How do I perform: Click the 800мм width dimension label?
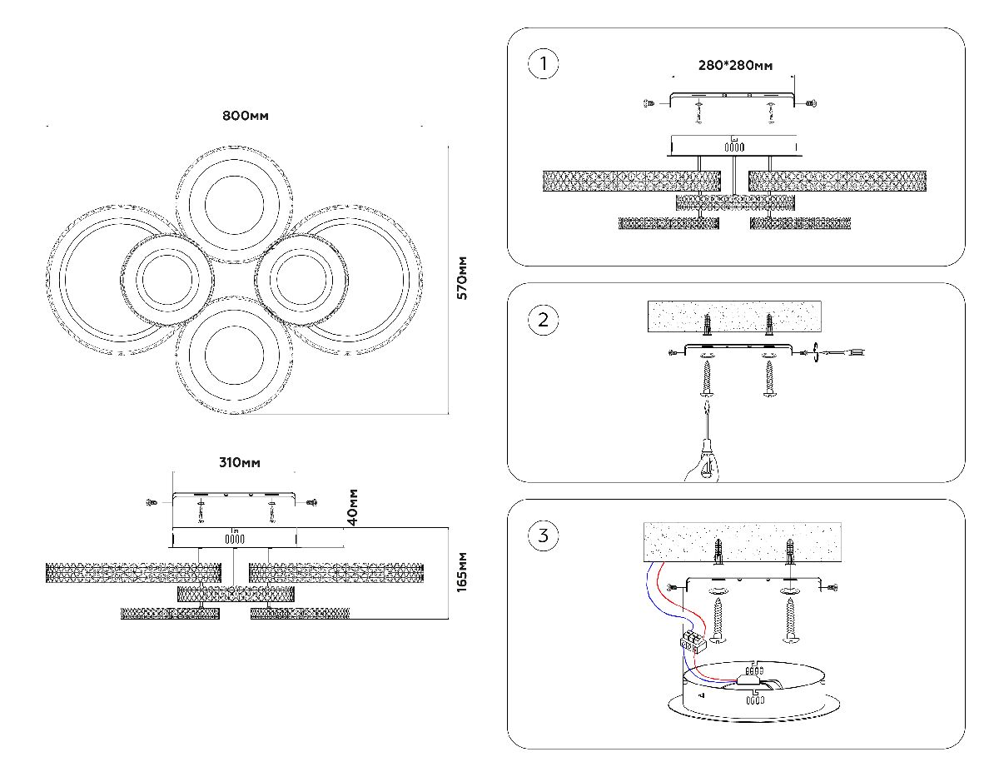point(246,116)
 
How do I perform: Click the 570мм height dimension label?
point(464,277)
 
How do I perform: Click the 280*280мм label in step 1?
point(735,64)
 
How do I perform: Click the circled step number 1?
point(544,64)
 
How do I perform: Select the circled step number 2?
point(544,320)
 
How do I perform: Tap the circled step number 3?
point(544,535)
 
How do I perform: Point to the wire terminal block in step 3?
point(693,640)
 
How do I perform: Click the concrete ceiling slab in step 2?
point(734,316)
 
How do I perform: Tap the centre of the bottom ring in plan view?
point(235,351)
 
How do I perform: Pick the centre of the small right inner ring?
point(301,278)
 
